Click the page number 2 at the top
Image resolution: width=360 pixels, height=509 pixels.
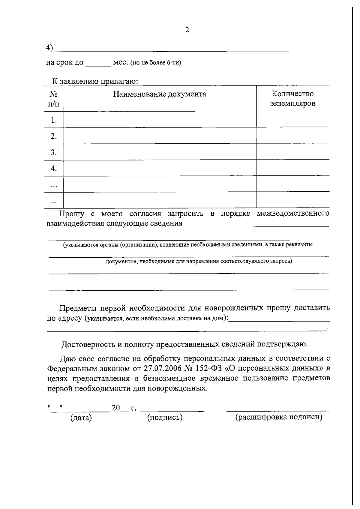[x=187, y=30]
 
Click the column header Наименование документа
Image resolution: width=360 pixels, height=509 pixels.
[x=160, y=94]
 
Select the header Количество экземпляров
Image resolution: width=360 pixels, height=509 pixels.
[x=292, y=99]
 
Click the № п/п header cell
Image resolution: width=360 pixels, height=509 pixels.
[x=54, y=99]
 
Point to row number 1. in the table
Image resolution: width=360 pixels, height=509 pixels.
[x=54, y=120]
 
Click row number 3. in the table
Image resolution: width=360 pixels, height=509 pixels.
[x=54, y=153]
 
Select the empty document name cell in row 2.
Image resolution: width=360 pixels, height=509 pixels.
[x=160, y=136]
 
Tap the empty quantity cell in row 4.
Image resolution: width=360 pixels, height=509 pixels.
[x=292, y=168]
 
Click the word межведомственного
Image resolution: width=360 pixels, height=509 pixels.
[x=293, y=214]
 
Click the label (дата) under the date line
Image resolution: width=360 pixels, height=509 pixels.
[x=81, y=418]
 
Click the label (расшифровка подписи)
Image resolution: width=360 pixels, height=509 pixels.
[x=279, y=417]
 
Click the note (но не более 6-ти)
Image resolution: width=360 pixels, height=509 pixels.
[x=156, y=63]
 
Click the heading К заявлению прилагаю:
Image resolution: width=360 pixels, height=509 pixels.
[x=95, y=81]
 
